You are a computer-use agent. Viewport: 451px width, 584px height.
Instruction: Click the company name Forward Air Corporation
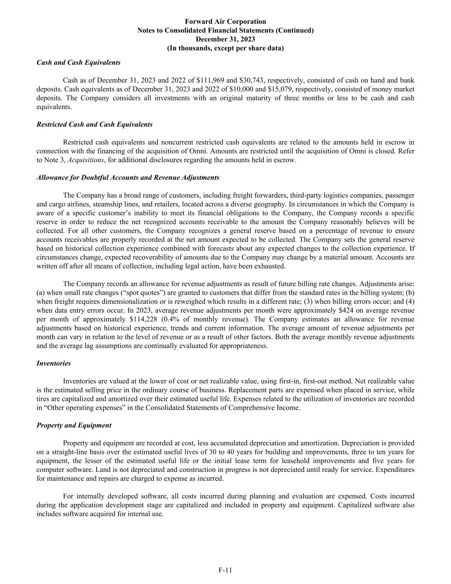225,21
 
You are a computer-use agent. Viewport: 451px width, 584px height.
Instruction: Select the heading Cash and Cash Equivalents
78,62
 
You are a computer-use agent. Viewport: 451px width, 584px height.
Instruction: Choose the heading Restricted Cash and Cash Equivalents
94,125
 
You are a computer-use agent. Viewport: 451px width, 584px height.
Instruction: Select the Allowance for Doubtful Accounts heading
128,178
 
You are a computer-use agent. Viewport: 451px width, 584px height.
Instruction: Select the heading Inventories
53,363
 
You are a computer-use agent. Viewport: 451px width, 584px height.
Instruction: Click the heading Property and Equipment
74,425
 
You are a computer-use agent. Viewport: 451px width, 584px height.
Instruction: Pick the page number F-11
225,570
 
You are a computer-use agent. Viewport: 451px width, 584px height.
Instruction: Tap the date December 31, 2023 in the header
225,39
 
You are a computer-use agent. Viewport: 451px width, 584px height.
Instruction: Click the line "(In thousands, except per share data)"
225,48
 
